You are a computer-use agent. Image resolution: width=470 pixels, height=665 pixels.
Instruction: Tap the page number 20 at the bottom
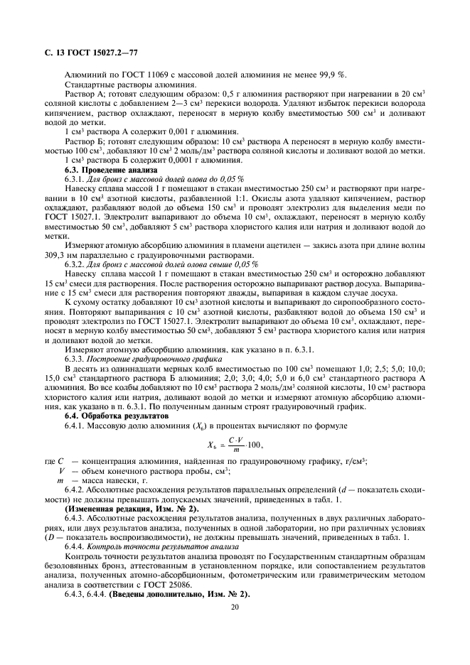pyautogui.click(x=235, y=607)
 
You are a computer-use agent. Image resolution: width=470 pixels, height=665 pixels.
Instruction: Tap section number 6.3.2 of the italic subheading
pyautogui.click(x=75, y=264)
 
